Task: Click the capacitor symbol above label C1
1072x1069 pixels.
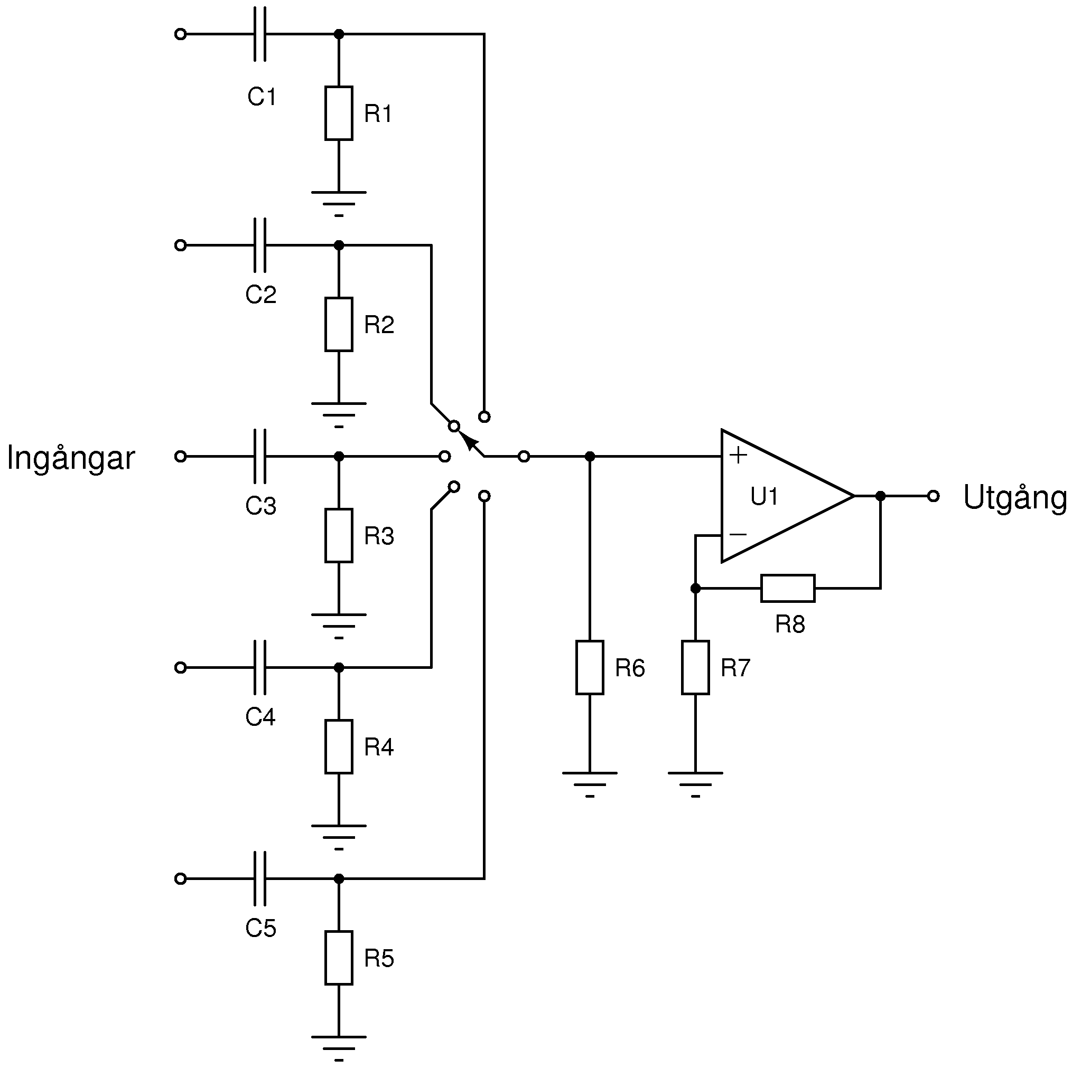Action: click(259, 34)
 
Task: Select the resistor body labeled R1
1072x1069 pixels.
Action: click(339, 113)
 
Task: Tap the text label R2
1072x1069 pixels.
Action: click(379, 324)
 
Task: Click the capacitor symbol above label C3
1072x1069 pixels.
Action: click(259, 456)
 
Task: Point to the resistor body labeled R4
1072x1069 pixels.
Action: click(339, 747)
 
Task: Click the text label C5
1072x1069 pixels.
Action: click(261, 928)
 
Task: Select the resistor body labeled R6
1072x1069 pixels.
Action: click(590, 668)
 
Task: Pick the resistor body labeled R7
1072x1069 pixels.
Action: click(695, 668)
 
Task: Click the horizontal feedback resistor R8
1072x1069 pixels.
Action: click(788, 588)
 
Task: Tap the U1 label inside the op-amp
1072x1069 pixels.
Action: click(764, 496)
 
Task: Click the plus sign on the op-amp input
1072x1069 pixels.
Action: click(738, 455)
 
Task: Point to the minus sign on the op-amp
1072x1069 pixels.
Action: click(738, 534)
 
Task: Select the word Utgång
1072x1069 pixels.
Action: click(1015, 498)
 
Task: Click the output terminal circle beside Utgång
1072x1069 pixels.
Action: click(933, 496)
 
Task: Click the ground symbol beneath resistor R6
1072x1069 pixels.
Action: click(590, 784)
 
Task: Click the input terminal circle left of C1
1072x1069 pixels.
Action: click(180, 34)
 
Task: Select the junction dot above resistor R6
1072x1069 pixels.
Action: click(590, 456)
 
